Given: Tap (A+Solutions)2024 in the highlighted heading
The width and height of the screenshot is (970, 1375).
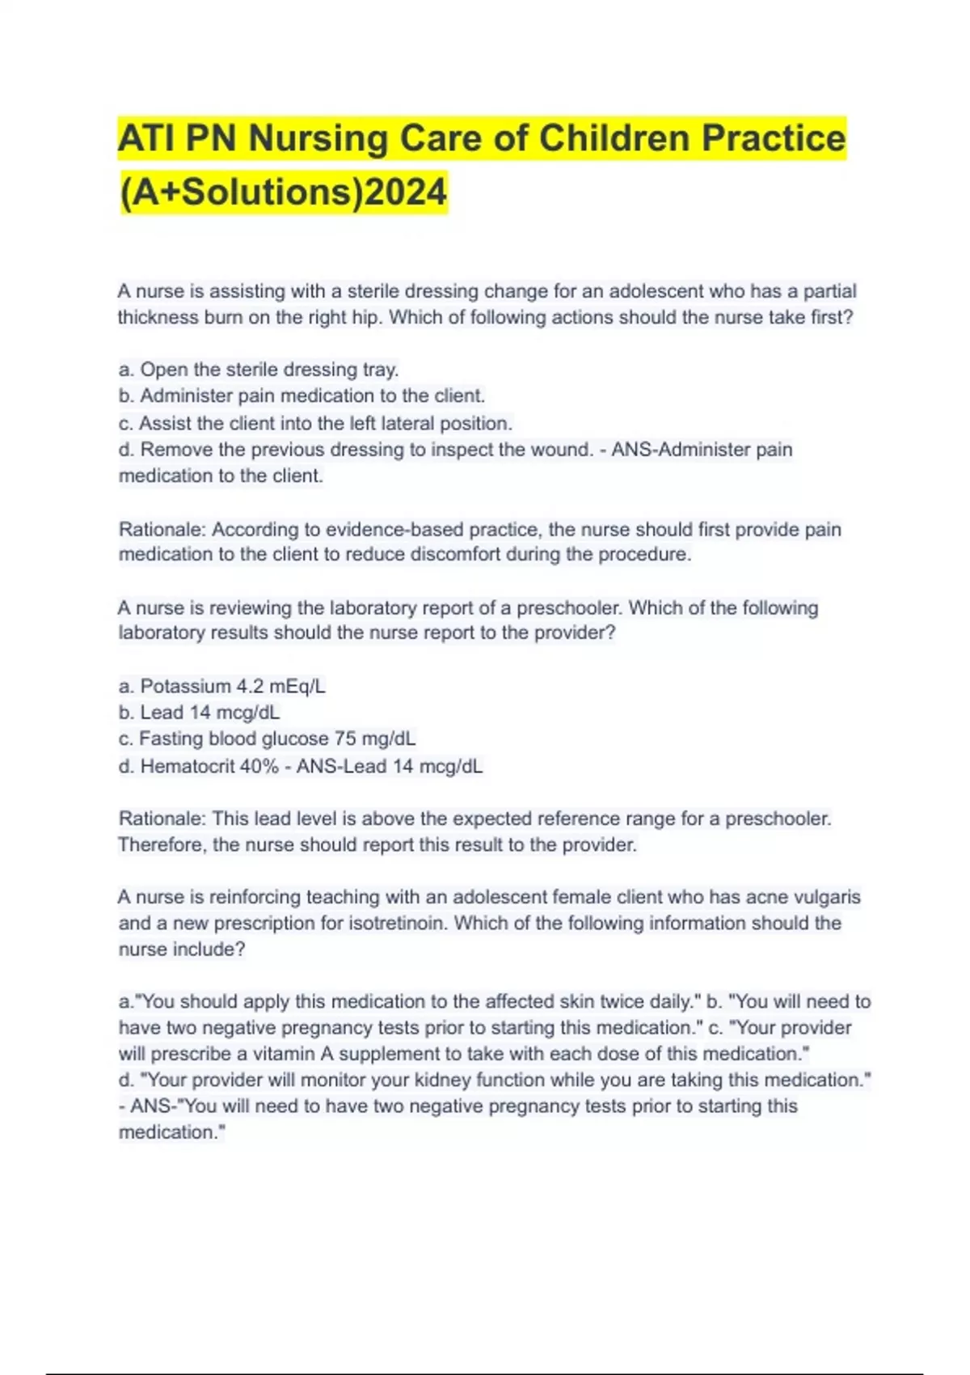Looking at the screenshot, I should click(x=283, y=192).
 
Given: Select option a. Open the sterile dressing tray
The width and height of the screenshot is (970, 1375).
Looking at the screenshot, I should click(x=259, y=370).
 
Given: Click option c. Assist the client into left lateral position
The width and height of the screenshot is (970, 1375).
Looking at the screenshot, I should click(x=315, y=423).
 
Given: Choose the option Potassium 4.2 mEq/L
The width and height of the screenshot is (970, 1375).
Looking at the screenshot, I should click(x=222, y=687).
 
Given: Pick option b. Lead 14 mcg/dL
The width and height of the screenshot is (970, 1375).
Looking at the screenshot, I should click(x=200, y=713).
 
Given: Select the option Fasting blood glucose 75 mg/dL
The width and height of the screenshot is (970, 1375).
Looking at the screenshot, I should click(x=267, y=738).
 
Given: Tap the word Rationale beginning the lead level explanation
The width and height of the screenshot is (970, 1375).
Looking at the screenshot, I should click(x=162, y=819).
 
